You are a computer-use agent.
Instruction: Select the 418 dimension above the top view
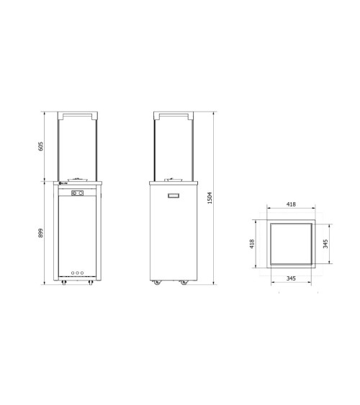(x=291, y=204)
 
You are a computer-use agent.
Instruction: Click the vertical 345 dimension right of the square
(x=325, y=244)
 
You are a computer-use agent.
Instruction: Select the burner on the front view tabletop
(x=77, y=180)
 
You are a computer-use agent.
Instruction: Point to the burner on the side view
(x=172, y=180)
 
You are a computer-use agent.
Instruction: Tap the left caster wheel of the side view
(x=155, y=285)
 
